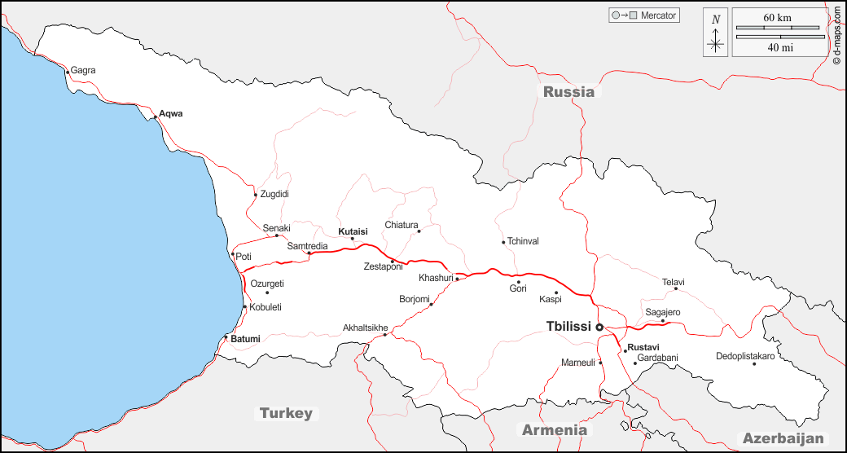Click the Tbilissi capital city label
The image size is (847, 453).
(568, 327)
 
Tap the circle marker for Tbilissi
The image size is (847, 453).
(599, 327)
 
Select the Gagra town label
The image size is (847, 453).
(83, 71)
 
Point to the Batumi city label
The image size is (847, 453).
(245, 339)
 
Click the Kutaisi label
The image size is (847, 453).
(353, 231)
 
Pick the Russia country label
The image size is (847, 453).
(568, 92)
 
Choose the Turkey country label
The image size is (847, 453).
(286, 413)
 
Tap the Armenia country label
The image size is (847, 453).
(554, 429)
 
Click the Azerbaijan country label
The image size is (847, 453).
(783, 438)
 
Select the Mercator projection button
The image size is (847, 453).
(643, 15)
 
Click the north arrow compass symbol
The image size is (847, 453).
(716, 33)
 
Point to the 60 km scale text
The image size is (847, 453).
(778, 18)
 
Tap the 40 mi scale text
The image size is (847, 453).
(780, 47)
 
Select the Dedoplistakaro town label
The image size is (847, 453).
(745, 356)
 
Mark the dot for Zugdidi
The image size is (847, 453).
(255, 195)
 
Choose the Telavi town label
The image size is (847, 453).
(674, 283)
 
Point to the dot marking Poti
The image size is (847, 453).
(233, 254)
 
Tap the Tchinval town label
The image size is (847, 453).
(523, 241)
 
